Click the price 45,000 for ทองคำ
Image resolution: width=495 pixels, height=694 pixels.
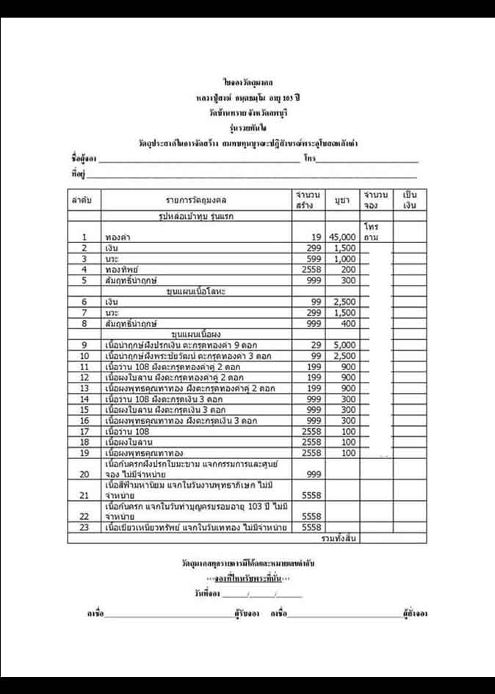[x=342, y=237]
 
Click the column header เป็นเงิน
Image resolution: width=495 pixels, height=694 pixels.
[x=410, y=200]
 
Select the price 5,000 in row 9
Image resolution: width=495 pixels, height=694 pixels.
[x=344, y=344]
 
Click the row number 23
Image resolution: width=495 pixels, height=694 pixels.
[x=84, y=528]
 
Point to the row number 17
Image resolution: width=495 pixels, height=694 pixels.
[x=84, y=431]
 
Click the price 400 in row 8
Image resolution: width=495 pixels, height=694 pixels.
[x=347, y=323]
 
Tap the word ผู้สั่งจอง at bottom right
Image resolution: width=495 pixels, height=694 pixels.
[x=415, y=612]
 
